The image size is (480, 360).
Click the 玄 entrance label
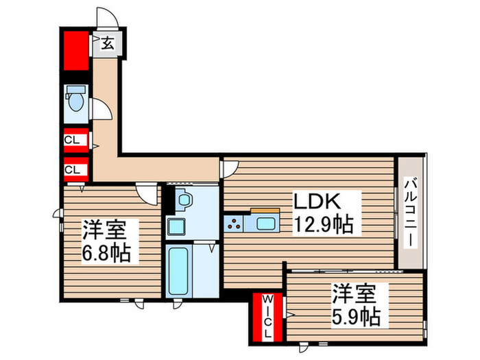(108, 44)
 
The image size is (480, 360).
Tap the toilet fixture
(75, 100)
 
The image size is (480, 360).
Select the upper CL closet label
(73, 142)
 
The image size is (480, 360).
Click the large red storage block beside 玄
(75, 49)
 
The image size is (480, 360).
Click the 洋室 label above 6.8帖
(108, 229)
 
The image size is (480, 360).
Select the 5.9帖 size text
(356, 317)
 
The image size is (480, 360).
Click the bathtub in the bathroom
(179, 270)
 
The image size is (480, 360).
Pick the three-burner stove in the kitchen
(234, 223)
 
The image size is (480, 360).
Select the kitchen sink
(264, 222)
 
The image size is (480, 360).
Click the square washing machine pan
(177, 227)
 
